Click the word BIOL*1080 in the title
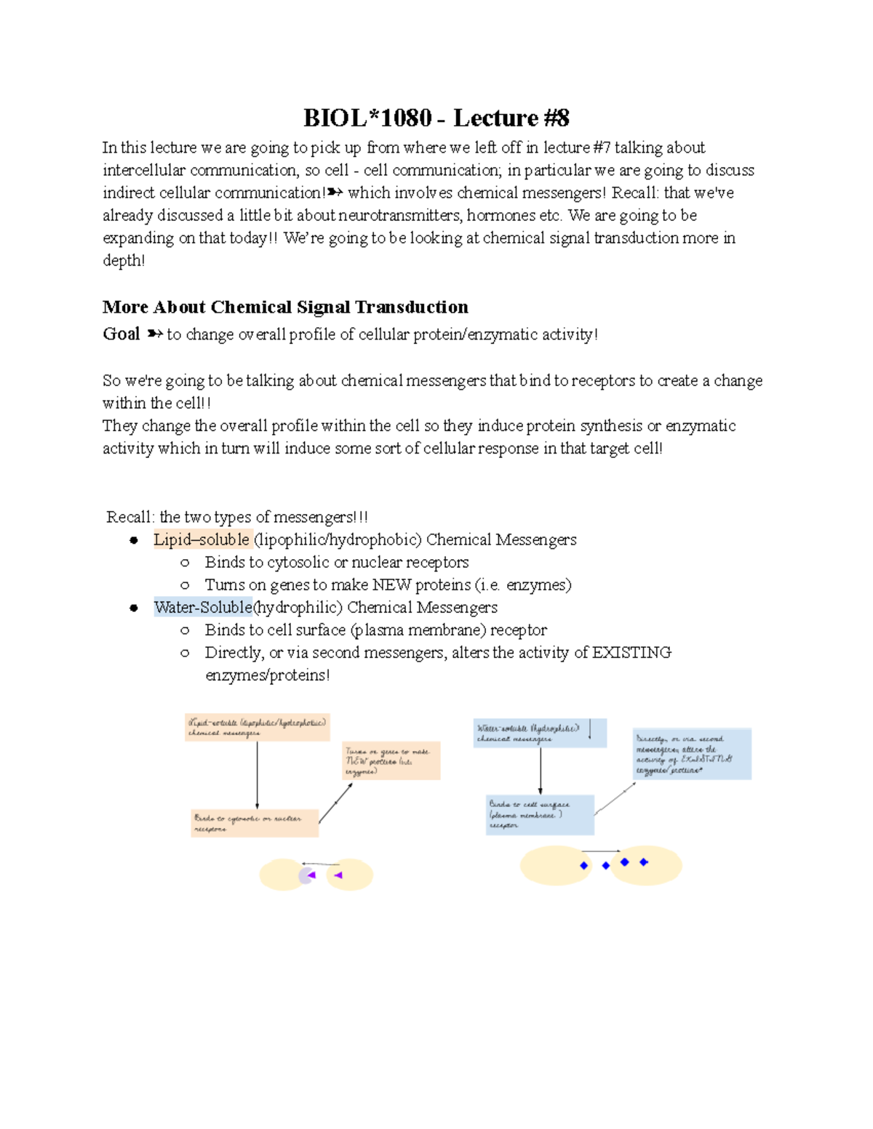tap(367, 118)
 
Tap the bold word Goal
tap(121, 334)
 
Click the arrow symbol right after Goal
tap(154, 334)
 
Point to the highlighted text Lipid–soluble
tap(202, 539)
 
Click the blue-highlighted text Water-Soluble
tap(203, 607)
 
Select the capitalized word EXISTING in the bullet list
tap(631, 652)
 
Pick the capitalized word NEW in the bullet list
tap(391, 584)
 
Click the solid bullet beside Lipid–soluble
tap(134, 540)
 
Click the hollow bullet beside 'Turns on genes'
tap(185, 585)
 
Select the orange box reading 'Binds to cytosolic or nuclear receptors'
tap(255, 823)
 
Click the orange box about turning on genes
tap(391, 760)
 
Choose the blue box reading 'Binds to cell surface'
tap(540, 814)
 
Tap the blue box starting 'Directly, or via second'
tap(692, 754)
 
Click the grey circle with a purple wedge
tap(307, 875)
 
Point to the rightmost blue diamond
tap(643, 862)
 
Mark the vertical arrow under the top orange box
tap(258, 775)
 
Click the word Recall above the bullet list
tap(129, 517)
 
